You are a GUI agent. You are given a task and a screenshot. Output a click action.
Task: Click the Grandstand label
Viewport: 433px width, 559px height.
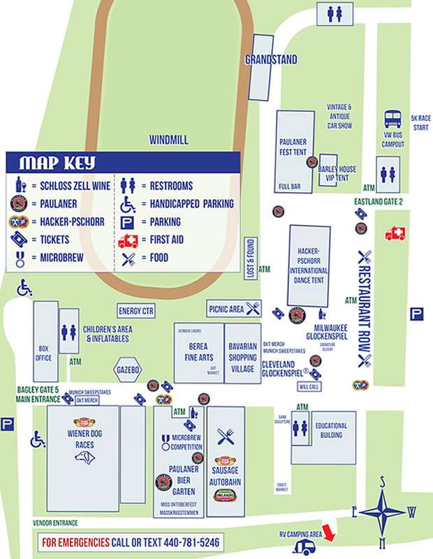[271, 60]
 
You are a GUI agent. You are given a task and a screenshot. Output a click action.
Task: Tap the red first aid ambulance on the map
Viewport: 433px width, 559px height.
[395, 233]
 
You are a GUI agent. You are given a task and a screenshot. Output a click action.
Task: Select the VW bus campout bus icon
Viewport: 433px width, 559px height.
[393, 120]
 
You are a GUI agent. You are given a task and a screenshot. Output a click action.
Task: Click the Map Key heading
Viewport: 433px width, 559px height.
[57, 164]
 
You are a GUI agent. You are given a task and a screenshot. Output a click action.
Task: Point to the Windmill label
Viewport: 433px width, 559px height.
[168, 140]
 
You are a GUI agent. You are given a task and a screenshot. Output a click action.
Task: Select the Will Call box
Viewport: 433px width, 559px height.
[309, 386]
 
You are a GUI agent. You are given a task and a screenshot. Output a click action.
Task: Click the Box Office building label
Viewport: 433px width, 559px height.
[45, 353]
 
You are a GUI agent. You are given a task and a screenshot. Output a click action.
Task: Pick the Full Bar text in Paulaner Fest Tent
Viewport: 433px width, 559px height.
[289, 187]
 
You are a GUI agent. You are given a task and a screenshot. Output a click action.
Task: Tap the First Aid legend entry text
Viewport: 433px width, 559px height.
[170, 240]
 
